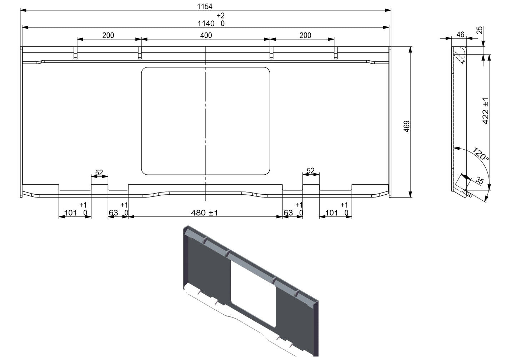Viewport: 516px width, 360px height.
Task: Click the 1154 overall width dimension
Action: tap(205, 6)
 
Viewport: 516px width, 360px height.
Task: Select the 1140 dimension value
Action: tap(206, 24)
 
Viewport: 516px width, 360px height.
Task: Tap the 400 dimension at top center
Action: tap(206, 35)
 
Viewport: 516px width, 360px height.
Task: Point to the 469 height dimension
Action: tap(407, 126)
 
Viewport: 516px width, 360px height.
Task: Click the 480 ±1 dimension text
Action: tap(204, 212)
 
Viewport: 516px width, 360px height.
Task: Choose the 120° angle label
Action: tap(481, 154)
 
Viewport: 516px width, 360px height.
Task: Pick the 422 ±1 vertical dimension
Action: tap(485, 111)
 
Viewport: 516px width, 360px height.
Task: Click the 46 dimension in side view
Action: tap(460, 35)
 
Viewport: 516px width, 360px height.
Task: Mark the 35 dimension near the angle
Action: tap(480, 181)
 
